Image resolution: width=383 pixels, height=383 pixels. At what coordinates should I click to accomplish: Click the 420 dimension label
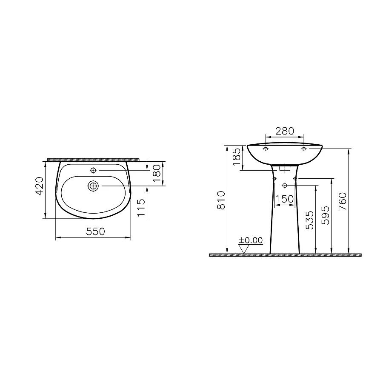39,186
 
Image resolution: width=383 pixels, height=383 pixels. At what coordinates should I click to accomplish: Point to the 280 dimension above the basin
285,131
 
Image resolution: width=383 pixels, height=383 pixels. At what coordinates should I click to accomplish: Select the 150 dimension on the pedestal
284,198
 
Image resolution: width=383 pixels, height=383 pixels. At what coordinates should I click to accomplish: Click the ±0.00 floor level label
251,240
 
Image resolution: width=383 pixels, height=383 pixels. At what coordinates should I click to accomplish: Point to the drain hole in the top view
93,186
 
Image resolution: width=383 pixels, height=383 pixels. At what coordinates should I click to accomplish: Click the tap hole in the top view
93,171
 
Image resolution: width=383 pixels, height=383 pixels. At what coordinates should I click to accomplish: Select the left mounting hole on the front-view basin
266,149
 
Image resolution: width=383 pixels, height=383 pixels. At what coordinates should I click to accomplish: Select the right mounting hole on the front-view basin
304,149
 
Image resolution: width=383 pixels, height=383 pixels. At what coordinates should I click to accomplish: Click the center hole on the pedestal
285,185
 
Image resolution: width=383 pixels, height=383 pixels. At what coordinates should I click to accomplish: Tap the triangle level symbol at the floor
243,250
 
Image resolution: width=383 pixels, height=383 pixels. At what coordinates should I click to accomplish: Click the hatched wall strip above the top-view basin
93,160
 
